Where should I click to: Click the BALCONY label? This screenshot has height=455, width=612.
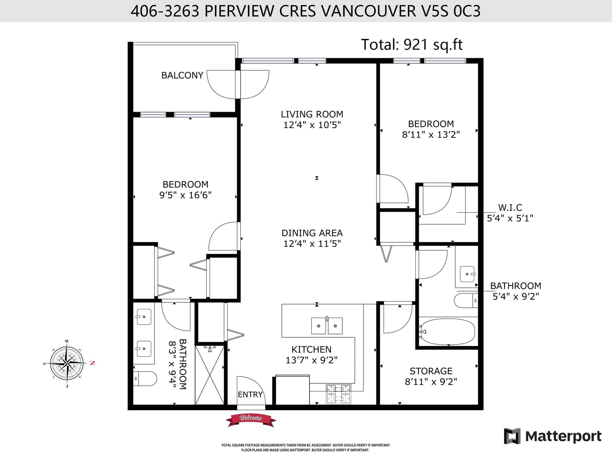(182, 75)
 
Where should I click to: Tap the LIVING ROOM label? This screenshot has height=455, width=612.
(312, 114)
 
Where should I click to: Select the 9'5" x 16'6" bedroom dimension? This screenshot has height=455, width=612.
(186, 195)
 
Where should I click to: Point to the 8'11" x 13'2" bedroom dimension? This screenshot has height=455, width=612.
(431, 134)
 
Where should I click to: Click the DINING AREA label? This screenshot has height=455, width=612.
(312, 233)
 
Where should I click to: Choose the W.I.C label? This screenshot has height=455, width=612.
(510, 207)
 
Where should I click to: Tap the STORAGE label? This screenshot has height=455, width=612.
(431, 371)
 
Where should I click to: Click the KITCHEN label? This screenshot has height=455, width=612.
(311, 349)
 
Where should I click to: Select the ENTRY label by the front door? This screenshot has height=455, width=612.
(250, 395)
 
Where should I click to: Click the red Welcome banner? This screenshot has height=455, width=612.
(251, 420)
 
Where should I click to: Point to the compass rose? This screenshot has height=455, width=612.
(67, 363)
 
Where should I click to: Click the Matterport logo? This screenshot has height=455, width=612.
(552, 436)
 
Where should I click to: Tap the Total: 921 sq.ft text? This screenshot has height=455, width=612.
(412, 44)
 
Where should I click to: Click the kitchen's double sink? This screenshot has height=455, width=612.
(327, 326)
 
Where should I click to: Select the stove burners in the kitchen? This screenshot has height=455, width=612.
(339, 394)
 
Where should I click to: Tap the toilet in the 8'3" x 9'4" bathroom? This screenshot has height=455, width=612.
(145, 378)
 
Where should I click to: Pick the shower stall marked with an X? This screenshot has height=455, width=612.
(210, 375)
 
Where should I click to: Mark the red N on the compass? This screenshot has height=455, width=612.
(93, 363)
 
